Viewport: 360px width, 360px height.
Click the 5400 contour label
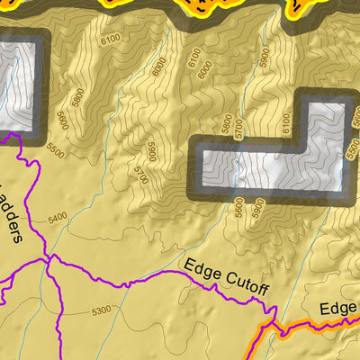coord(58,218)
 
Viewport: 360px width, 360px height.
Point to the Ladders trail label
coord(14,212)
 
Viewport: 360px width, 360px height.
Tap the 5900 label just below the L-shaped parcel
coord(259,205)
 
